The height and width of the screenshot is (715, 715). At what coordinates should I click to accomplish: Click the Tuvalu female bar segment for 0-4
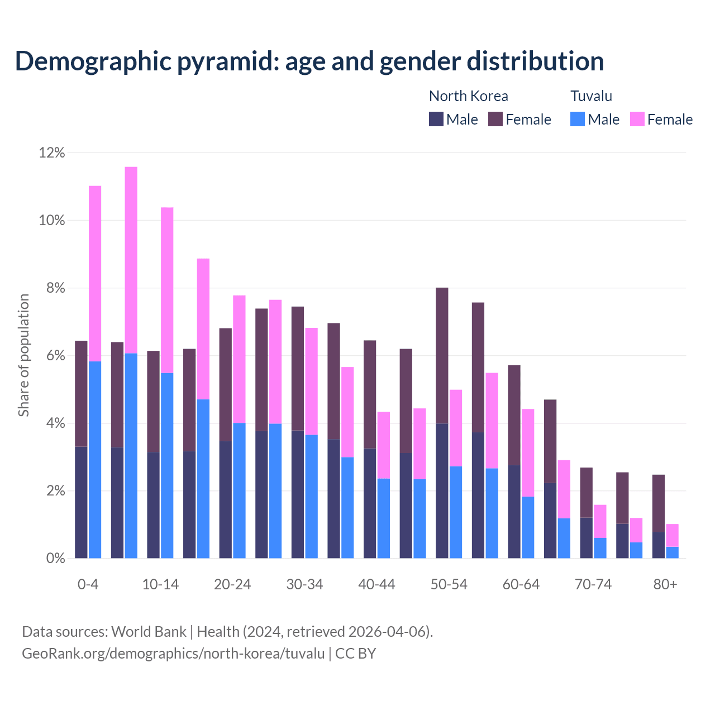click(95, 274)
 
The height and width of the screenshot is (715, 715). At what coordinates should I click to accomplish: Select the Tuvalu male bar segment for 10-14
click(167, 465)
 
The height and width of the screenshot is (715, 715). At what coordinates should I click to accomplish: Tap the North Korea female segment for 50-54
click(442, 355)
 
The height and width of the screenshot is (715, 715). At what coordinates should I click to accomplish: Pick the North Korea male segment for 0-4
click(81, 502)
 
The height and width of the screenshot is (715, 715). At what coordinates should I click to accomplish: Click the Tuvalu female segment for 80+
click(673, 535)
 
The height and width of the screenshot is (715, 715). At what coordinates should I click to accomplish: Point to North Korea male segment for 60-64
click(514, 511)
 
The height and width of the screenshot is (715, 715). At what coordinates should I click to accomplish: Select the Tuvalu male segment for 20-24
click(239, 490)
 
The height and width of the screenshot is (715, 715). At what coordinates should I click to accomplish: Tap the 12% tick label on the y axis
click(52, 152)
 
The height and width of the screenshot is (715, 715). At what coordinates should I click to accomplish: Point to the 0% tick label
click(55, 559)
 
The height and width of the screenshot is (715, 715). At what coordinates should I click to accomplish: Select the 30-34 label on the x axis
click(304, 585)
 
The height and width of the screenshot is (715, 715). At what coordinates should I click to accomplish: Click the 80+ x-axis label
click(665, 585)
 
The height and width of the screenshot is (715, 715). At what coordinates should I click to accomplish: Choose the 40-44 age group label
click(376, 585)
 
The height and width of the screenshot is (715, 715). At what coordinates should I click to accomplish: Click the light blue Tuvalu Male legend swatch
click(578, 119)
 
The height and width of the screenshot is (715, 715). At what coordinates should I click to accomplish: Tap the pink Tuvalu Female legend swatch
click(637, 119)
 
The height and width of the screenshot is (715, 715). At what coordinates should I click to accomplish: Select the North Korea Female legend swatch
click(495, 119)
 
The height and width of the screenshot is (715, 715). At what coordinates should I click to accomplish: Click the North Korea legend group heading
click(468, 96)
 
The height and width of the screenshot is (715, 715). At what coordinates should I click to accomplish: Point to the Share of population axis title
click(23, 355)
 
